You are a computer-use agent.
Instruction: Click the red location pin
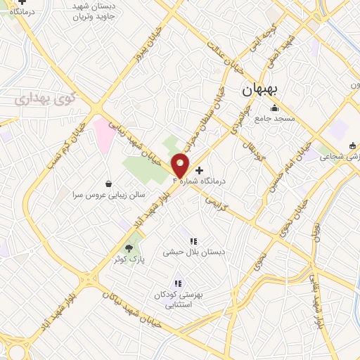[181, 166]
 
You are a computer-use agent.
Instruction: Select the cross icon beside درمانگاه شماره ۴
[200, 170]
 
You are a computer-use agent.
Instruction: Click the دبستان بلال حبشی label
[188, 252]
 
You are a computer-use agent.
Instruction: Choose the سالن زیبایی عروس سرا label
[108, 195]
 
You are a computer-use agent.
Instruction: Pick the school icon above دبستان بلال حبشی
[193, 241]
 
